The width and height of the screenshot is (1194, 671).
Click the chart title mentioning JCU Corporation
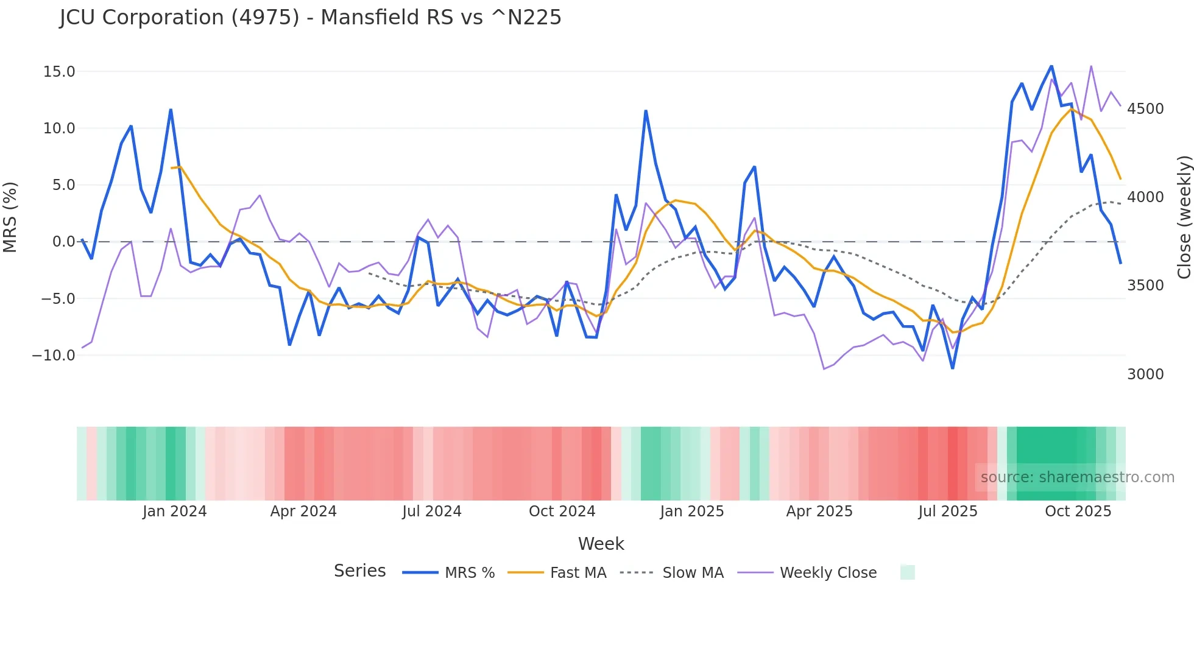pyautogui.click(x=310, y=18)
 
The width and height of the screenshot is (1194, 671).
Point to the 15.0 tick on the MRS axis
pyautogui.click(x=59, y=72)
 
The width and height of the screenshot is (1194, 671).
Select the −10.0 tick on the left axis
pyautogui.click(x=54, y=356)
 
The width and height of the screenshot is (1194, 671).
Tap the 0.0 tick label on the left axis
pyautogui.click(x=63, y=242)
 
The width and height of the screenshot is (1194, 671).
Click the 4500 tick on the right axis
pyautogui.click(x=1145, y=109)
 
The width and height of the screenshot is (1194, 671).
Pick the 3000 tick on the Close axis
pyautogui.click(x=1145, y=374)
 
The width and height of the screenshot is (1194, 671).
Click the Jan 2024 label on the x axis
pyautogui.click(x=175, y=511)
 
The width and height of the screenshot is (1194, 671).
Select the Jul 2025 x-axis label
pyautogui.click(x=948, y=511)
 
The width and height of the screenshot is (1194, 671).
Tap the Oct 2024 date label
pyautogui.click(x=562, y=511)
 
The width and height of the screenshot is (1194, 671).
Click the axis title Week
pyautogui.click(x=601, y=544)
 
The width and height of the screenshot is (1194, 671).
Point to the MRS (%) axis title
pyautogui.click(x=10, y=217)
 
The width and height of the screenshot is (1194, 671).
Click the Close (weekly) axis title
pyautogui.click(x=1184, y=217)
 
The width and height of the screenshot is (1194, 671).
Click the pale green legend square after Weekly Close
pyautogui.click(x=907, y=572)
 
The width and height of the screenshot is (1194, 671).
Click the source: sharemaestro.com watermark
pyautogui.click(x=1077, y=477)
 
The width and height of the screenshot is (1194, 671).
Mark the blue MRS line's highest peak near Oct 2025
pyautogui.click(x=1051, y=66)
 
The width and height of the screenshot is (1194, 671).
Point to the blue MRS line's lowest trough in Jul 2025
pyautogui.click(x=953, y=368)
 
